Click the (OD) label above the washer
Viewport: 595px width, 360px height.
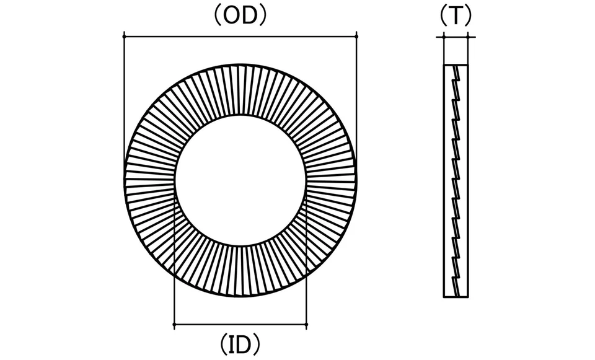pos(240,16)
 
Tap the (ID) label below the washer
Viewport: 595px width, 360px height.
pos(240,345)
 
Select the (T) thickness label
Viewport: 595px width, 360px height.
pos(456,16)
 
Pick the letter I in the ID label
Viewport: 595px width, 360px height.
pos(231,345)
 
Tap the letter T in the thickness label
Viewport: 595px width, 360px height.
pos(456,16)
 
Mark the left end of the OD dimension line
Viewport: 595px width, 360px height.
pos(125,37)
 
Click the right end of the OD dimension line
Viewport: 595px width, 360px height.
pos(356,37)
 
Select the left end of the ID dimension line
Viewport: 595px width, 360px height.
pos(174,325)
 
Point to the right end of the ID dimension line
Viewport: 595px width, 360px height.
pos(306,325)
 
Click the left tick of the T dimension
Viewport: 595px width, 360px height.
pos(444,37)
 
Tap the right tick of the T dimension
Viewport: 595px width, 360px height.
pos(469,37)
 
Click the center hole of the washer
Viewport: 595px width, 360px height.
pos(240,180)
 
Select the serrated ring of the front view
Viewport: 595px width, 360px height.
pos(240,90)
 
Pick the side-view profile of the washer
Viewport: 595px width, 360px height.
pos(456,180)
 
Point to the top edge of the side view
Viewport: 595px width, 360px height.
pos(456,65)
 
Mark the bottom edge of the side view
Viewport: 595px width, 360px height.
pos(456,297)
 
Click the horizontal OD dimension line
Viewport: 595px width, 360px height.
pos(240,37)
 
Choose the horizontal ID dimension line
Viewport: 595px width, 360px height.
pos(240,325)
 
